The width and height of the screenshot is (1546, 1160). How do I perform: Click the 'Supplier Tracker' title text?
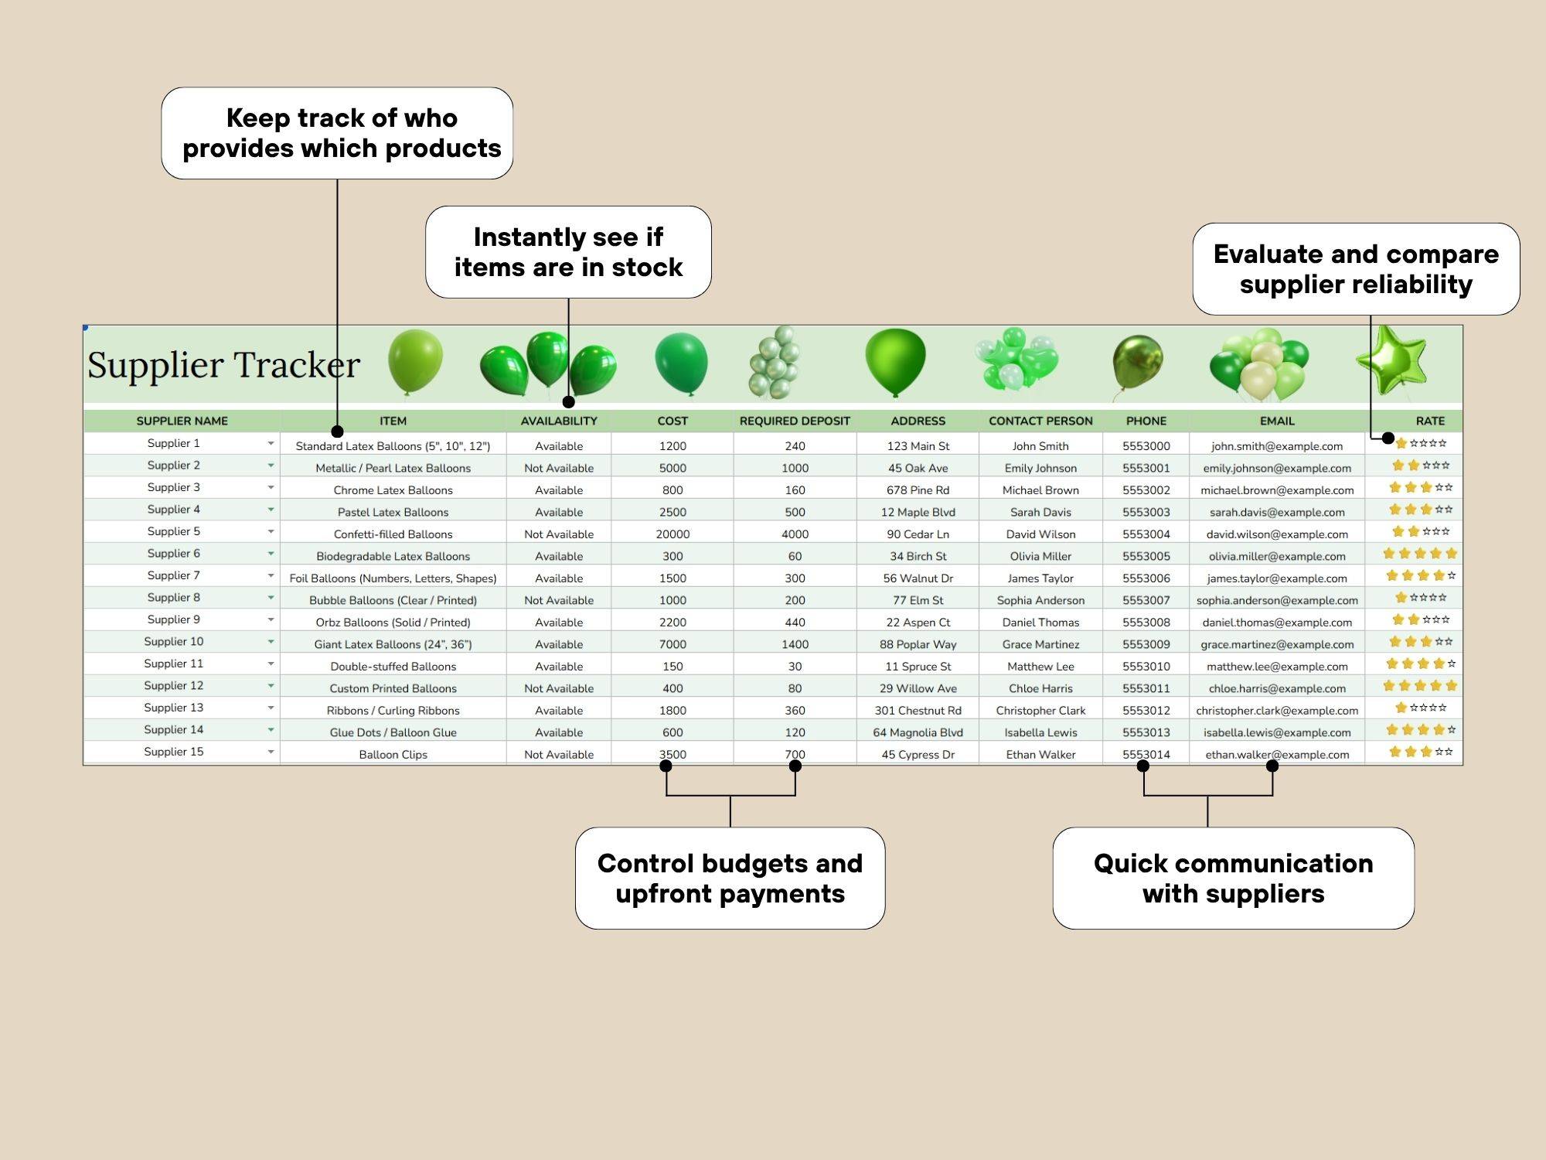click(x=223, y=365)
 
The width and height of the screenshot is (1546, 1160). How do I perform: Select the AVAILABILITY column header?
click(x=559, y=421)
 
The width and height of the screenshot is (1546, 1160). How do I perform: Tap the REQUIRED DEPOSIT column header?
click(x=795, y=421)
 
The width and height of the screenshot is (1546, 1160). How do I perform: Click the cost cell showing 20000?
click(x=673, y=534)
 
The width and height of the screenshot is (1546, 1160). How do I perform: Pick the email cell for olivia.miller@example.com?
click(x=1277, y=556)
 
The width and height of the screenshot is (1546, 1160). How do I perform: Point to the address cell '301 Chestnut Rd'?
click(x=918, y=710)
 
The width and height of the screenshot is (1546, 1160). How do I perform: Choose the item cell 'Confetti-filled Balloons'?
click(x=393, y=534)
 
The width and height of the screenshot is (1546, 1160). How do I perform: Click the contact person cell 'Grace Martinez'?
click(x=1040, y=644)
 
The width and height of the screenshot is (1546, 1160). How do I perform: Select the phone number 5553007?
click(x=1146, y=600)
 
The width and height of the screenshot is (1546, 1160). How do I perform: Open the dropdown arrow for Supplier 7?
click(x=271, y=575)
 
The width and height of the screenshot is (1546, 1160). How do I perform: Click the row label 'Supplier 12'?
click(x=174, y=685)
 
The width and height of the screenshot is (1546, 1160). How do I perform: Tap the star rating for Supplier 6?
click(x=1420, y=554)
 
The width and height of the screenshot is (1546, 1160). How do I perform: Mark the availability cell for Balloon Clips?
click(x=559, y=754)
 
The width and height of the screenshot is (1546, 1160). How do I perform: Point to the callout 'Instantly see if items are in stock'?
click(x=568, y=252)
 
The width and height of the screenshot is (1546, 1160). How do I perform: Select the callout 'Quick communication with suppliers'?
click(x=1233, y=878)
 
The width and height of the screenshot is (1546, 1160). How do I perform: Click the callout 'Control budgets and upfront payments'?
click(x=730, y=878)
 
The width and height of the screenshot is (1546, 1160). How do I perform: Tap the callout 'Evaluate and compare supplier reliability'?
click(x=1356, y=269)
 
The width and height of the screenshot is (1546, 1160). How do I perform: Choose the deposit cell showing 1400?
click(x=795, y=644)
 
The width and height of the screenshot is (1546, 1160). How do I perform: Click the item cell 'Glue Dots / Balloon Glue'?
click(x=393, y=732)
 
